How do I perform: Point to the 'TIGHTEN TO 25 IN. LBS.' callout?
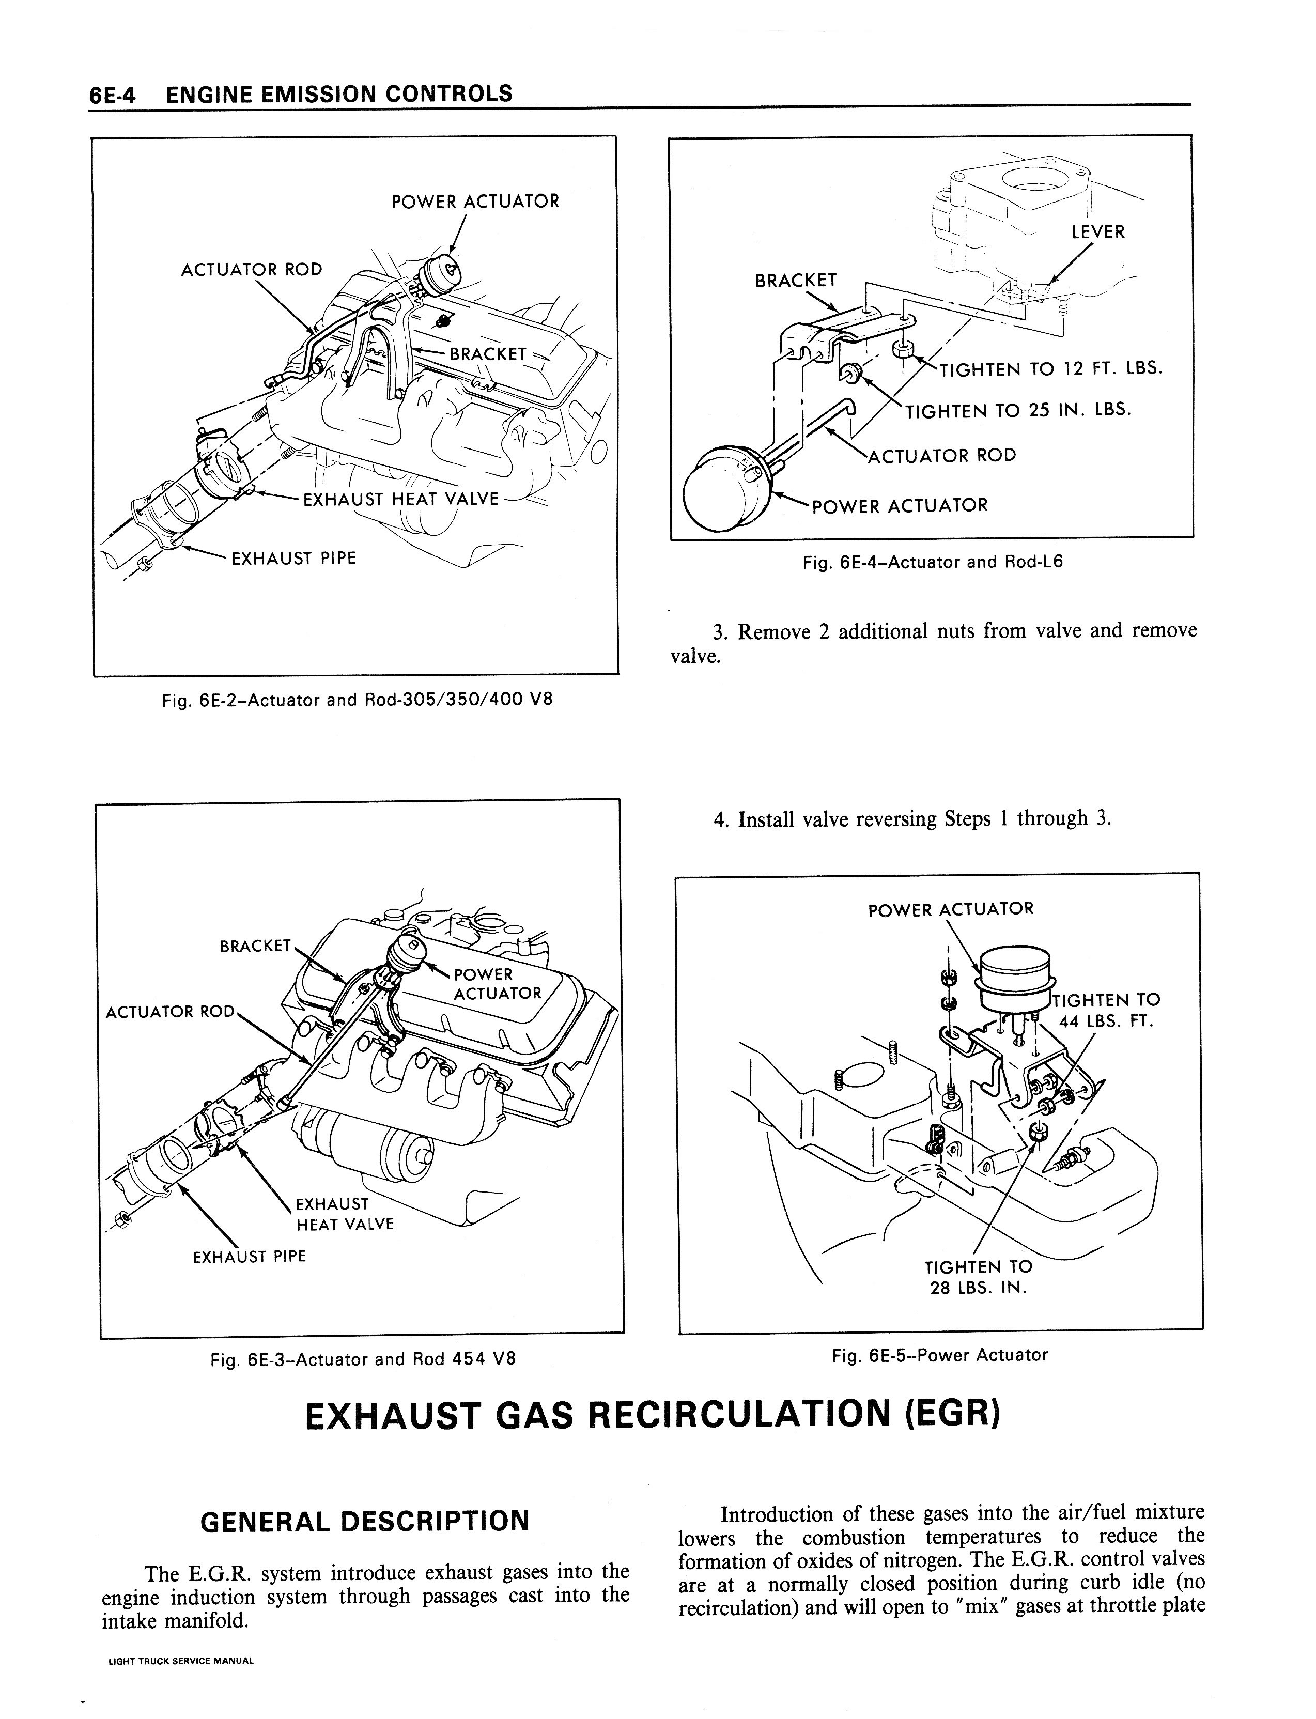(1018, 410)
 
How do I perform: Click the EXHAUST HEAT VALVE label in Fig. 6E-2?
(400, 499)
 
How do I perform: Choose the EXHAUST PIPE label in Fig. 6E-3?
(249, 1256)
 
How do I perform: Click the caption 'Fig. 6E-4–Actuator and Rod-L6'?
(932, 562)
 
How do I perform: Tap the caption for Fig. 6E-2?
(357, 700)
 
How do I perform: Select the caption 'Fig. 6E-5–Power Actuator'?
(939, 1355)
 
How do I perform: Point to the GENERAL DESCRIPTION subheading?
(365, 1521)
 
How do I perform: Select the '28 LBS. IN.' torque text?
(978, 1288)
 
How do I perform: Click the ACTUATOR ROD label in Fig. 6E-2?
(252, 269)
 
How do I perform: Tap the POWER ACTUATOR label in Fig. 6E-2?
(475, 202)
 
